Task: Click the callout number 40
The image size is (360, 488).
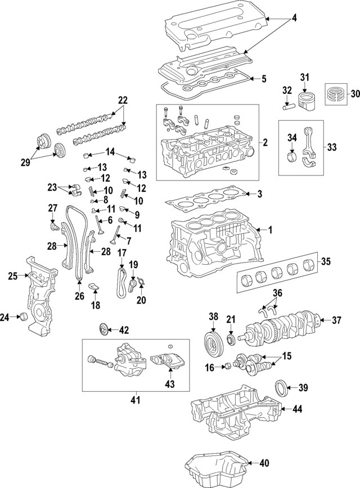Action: pos(264,463)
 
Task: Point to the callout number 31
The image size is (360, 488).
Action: pos(305,77)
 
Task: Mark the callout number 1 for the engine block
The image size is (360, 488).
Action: pos(269,229)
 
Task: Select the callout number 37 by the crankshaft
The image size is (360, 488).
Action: pos(336,320)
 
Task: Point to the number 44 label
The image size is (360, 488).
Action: pos(297,410)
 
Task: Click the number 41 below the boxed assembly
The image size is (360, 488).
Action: pos(134,400)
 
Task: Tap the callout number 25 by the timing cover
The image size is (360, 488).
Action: pos(13,275)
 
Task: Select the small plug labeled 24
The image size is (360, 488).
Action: pos(23,318)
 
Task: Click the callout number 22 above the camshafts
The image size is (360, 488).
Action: pos(123,101)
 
